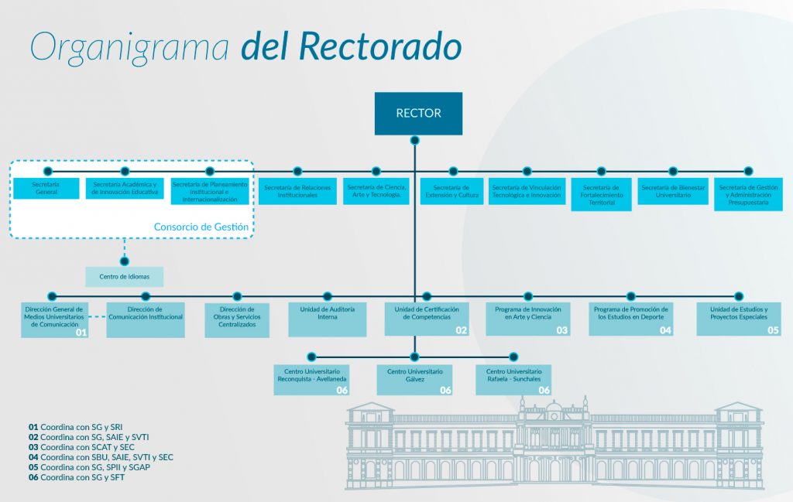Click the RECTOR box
(418, 113)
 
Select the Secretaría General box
(46, 188)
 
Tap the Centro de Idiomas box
(124, 276)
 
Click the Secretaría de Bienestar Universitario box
(673, 191)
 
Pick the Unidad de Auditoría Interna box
(328, 318)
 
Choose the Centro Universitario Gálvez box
(414, 379)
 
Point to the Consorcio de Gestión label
(201, 227)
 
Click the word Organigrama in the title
(129, 47)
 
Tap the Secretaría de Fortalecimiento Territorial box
(601, 194)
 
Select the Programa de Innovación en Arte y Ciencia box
(527, 318)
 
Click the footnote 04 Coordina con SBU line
(101, 457)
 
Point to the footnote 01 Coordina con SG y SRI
(76, 427)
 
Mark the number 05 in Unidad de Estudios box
(773, 330)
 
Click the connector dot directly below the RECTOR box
(415, 141)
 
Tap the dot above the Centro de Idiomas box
(125, 261)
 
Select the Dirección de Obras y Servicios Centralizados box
(237, 319)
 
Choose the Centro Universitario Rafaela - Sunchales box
(513, 379)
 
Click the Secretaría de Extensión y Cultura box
(452, 191)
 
